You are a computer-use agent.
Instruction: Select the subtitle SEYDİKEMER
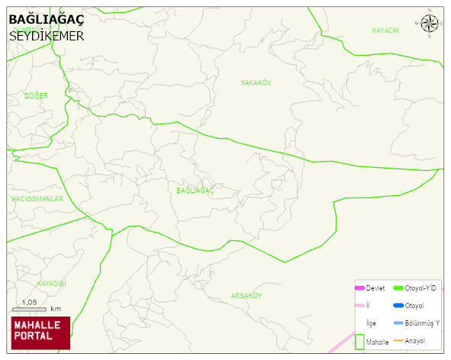coord(46,36)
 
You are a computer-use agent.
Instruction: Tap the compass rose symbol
coord(430,24)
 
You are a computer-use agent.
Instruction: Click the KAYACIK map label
coord(385,31)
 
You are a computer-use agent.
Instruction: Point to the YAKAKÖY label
coord(256,82)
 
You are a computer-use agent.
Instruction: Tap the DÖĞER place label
coord(36,95)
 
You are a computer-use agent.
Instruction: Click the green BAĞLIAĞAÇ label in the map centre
coord(195,190)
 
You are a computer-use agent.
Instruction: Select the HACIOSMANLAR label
coord(37,198)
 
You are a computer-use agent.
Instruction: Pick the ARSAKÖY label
coord(246,295)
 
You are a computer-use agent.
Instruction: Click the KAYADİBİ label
coord(52,283)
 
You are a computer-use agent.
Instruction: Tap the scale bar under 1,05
coord(30,309)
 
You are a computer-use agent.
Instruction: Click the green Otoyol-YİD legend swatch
coord(398,288)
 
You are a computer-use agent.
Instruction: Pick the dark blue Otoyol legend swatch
coord(398,306)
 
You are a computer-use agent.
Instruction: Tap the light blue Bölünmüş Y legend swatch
coord(398,323)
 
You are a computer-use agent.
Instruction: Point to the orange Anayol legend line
coord(398,340)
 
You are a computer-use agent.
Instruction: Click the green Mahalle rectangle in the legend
coord(359,341)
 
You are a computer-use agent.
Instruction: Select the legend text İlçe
coord(372,323)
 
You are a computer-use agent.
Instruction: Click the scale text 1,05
coord(30,302)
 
